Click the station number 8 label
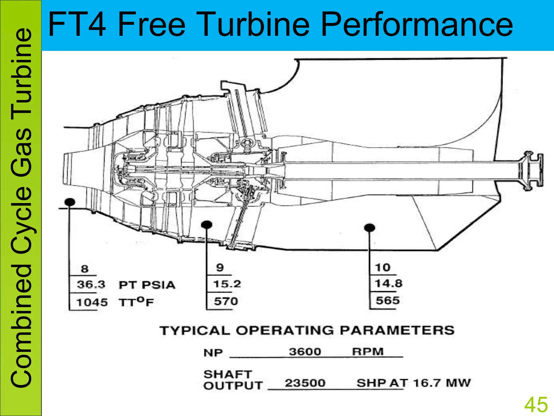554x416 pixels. pos(85,269)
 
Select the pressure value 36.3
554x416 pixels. pos(91,285)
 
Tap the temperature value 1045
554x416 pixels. pos(92,302)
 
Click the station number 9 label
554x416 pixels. pos(220,268)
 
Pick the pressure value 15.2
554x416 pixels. pos(227,284)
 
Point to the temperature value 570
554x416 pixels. pos(226,301)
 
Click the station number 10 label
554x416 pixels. pos(382,268)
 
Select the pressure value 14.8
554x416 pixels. pos(388,284)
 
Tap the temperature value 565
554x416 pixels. pos(387,301)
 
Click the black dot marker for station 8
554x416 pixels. pos(70,202)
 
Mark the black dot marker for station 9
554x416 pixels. pos(207,225)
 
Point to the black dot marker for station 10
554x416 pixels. pos(370,227)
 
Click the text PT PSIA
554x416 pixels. pos(147,285)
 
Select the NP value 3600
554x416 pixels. pos(305,352)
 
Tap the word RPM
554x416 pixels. pos(368,352)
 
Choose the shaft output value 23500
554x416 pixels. pos(305,383)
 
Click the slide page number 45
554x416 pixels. pos(536,405)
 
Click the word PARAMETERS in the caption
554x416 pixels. pos(397,330)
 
